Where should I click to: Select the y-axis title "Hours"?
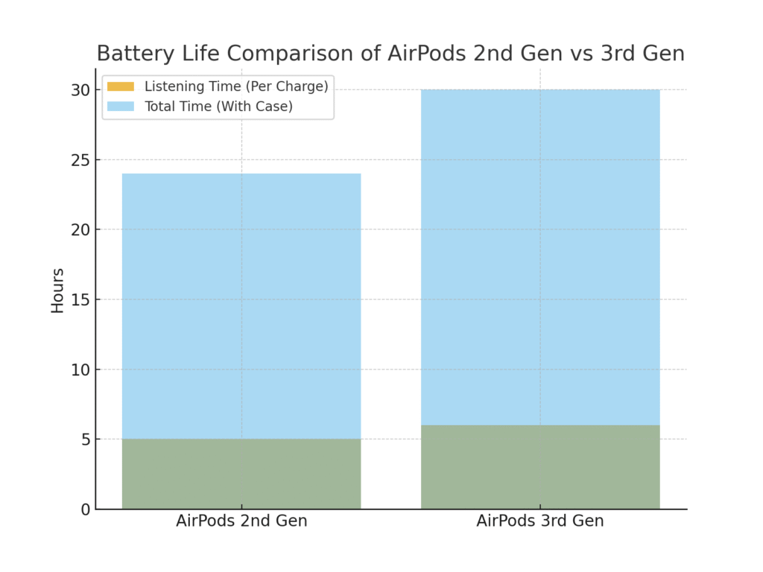click(57, 290)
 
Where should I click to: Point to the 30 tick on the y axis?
click(80, 90)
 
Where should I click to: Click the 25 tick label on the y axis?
click(80, 160)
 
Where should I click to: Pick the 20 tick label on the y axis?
click(80, 229)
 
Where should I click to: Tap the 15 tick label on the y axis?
click(80, 299)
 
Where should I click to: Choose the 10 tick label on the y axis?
click(80, 369)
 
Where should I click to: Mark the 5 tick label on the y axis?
click(86, 439)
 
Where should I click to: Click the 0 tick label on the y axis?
click(86, 509)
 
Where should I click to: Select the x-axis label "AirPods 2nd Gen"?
click(241, 521)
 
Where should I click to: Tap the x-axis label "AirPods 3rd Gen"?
click(540, 521)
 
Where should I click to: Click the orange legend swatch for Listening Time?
click(121, 86)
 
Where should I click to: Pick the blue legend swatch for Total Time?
click(121, 107)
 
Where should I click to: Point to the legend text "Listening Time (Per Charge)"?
click(236, 86)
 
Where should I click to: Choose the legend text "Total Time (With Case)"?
click(218, 107)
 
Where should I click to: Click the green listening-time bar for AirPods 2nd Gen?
click(241, 474)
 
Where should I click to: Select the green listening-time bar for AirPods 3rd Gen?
click(540, 467)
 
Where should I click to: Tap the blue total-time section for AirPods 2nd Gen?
click(241, 305)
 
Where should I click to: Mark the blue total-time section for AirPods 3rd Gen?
click(540, 257)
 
